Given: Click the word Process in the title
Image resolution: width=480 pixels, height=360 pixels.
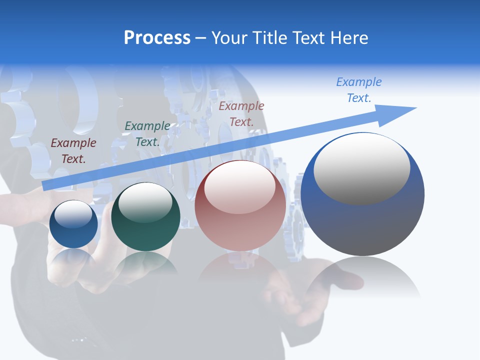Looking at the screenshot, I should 157,38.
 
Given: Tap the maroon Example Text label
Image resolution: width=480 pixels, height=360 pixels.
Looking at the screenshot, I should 73,151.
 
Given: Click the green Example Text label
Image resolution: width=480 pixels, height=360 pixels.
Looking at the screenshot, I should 147,134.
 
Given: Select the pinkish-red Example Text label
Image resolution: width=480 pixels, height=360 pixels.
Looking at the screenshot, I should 241,113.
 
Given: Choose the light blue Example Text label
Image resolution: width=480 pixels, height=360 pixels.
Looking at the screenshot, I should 359,90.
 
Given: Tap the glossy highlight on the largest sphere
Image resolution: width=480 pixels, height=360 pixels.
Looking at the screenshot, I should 362,168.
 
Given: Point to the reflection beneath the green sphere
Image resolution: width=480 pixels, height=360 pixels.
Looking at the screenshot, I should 145,263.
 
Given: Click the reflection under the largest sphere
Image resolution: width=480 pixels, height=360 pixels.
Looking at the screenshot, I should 362,277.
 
